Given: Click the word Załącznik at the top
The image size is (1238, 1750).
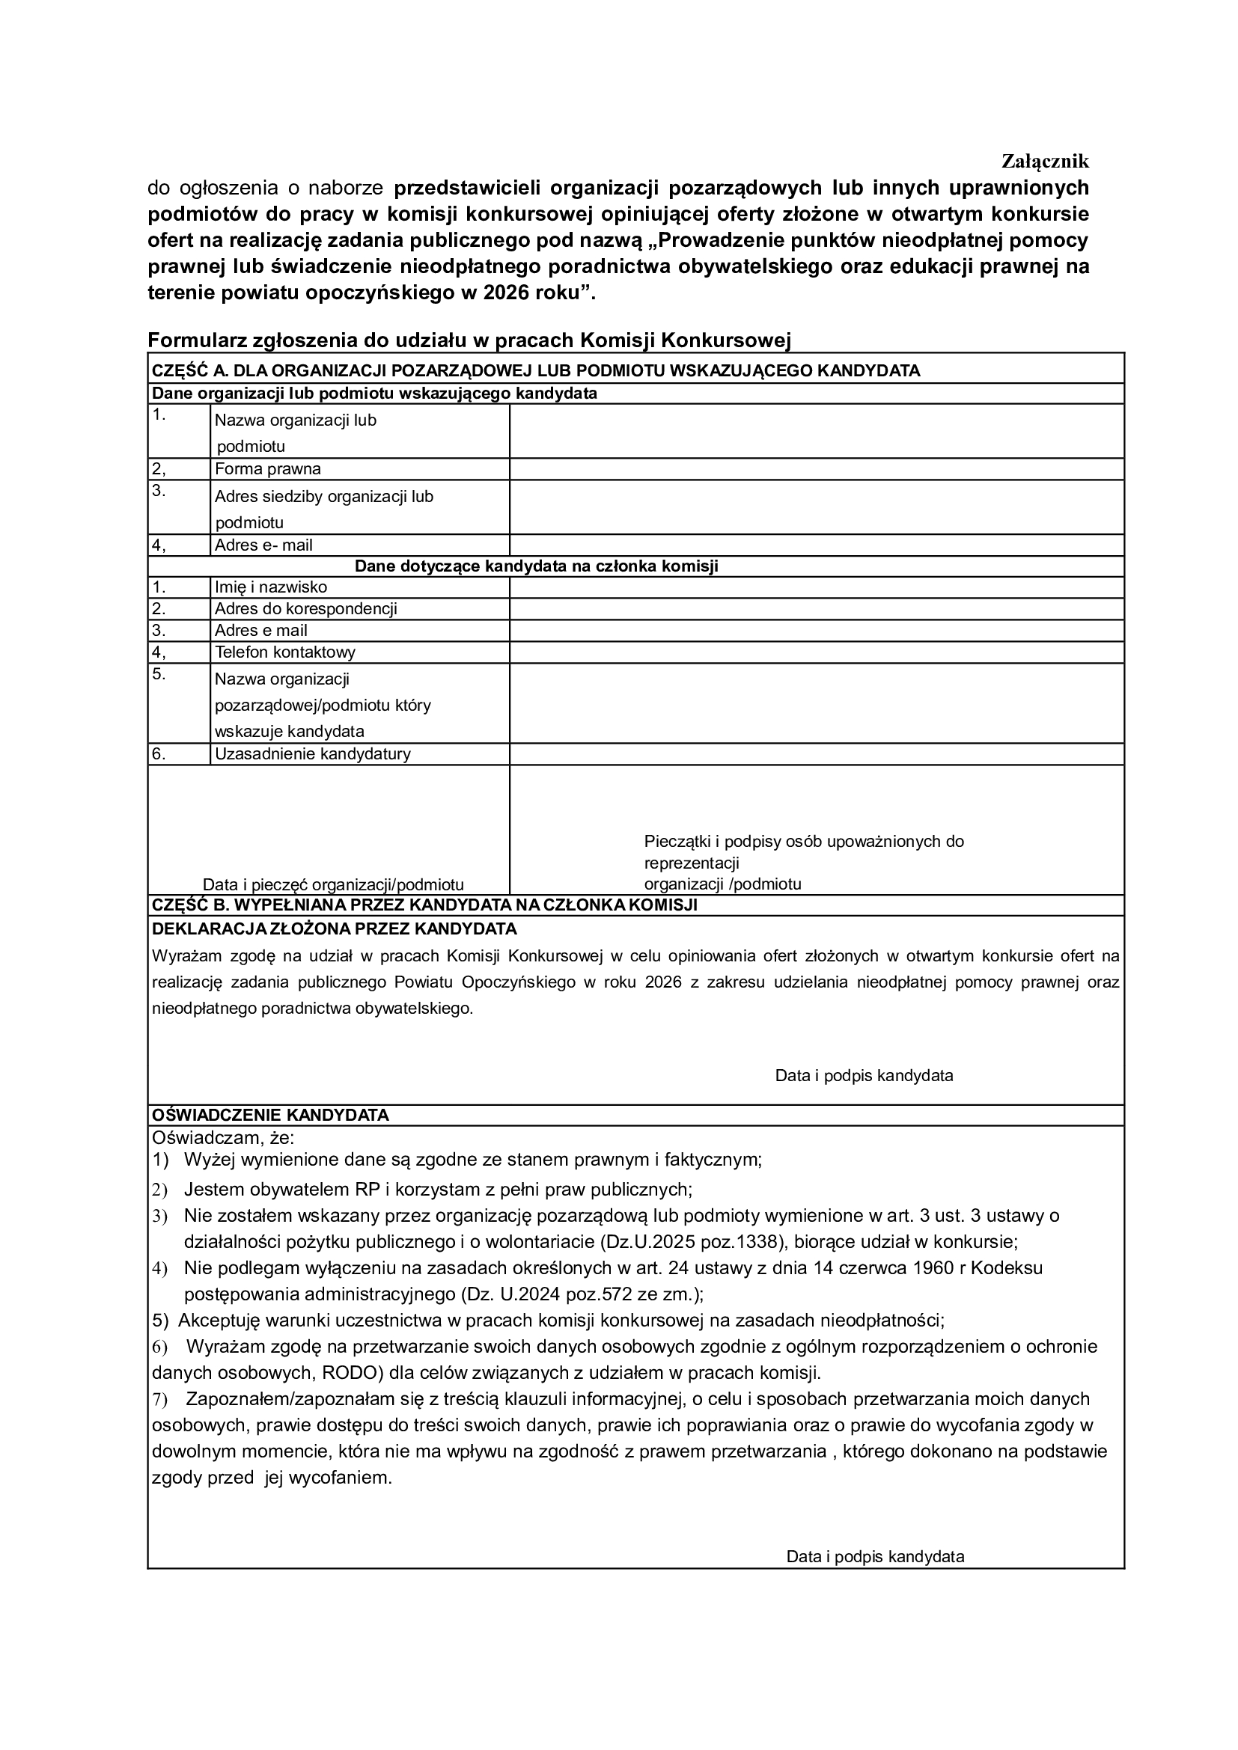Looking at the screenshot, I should pos(1045,162).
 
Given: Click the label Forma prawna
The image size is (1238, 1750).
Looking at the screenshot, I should pos(267,469).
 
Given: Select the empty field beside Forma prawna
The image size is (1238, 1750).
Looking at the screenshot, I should pos(817,469).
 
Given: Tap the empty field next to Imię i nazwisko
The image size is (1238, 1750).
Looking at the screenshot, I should pos(817,587).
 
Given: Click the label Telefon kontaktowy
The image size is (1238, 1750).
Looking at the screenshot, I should pos(285,652).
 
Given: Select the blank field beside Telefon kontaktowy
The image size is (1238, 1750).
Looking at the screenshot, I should pos(817,652).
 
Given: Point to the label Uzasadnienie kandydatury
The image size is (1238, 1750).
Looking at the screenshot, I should pos(313,754).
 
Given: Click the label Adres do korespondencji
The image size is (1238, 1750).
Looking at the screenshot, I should pos(305,608).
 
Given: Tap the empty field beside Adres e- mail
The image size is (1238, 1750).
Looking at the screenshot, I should pos(817,545).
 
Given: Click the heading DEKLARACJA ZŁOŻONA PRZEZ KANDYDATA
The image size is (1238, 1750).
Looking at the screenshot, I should pos(335,928).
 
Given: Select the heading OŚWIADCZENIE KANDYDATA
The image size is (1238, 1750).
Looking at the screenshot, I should pos(271,1114).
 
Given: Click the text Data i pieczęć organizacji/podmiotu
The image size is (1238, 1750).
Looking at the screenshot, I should pos(333,884).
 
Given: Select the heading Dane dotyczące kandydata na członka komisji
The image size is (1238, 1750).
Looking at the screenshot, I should pos(537,566).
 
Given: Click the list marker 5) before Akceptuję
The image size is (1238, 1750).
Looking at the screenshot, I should pos(160,1320).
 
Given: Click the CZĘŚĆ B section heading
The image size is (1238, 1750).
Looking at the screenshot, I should pos(424,905).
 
